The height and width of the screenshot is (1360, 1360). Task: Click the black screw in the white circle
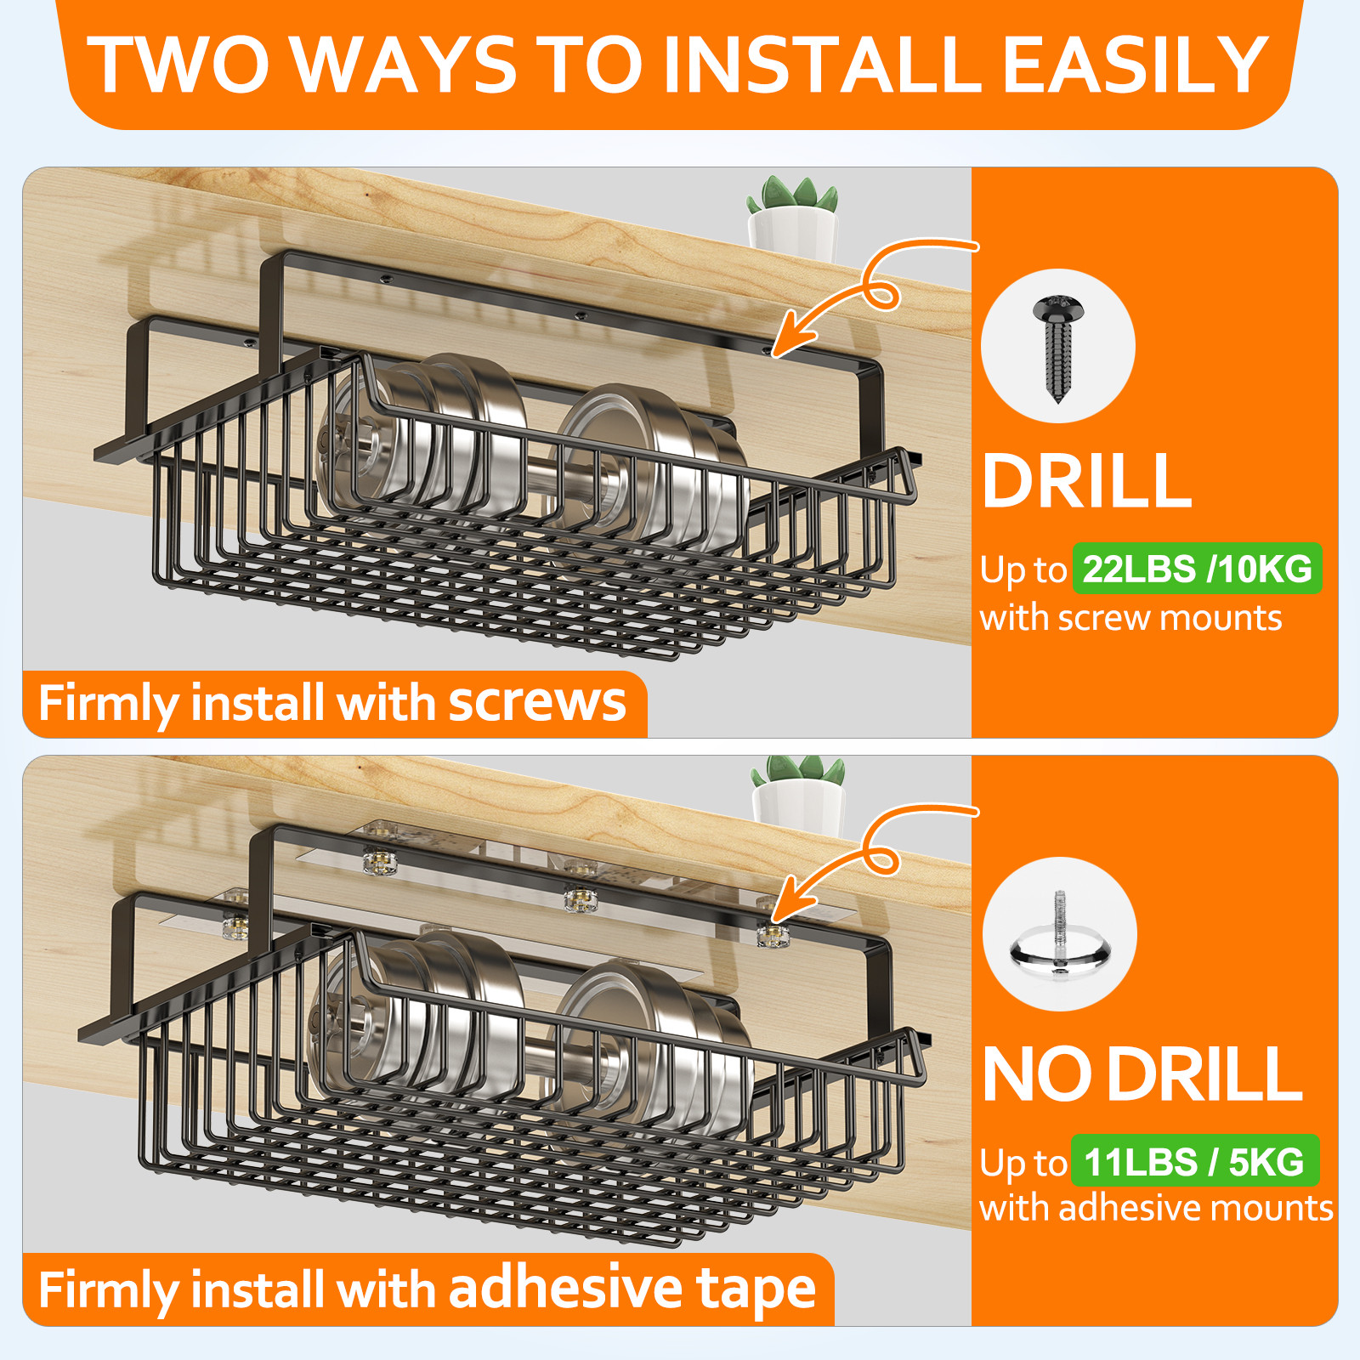(1058, 348)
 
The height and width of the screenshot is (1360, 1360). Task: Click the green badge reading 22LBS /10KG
(1197, 569)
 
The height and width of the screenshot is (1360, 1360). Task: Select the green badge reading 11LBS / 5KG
(1195, 1161)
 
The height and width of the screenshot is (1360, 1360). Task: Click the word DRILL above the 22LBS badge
(1087, 481)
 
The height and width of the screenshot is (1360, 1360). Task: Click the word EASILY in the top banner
(1136, 65)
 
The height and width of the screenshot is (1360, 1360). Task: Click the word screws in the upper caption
(537, 703)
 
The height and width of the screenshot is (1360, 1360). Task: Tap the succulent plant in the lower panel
(798, 792)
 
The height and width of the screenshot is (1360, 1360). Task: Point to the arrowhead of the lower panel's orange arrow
(786, 904)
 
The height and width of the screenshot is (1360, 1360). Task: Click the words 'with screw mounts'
(1130, 618)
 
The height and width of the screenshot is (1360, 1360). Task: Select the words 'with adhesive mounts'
(1156, 1208)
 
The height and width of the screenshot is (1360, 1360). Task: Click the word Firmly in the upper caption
(109, 705)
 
